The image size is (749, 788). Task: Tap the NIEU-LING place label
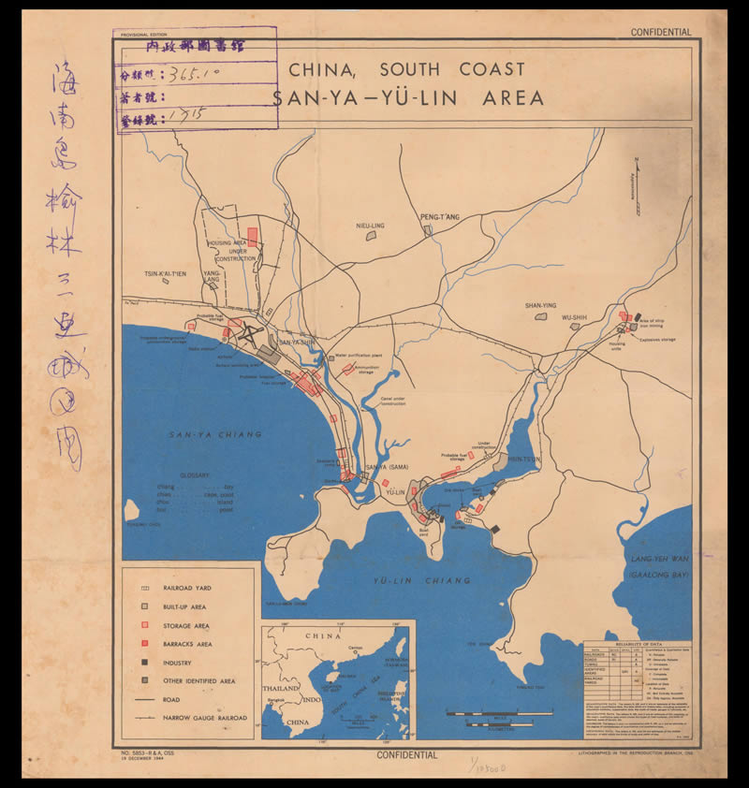coord(371,226)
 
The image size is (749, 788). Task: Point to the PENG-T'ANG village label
coord(440,217)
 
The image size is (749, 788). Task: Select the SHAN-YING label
coord(540,306)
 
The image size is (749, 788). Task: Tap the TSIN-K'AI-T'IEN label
coord(165,273)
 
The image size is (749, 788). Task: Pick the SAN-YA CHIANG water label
coord(215,434)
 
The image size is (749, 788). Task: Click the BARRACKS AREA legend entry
coord(194,644)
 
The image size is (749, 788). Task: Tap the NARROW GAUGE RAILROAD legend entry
coord(206,718)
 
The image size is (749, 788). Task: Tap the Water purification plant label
coord(359,355)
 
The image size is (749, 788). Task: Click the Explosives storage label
coord(658,340)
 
